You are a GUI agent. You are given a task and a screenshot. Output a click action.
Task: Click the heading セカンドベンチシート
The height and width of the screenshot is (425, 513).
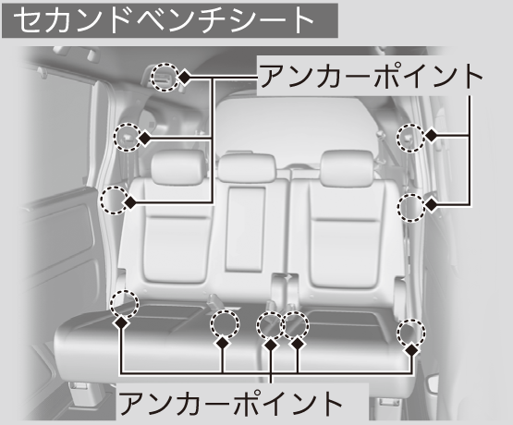click(164, 20)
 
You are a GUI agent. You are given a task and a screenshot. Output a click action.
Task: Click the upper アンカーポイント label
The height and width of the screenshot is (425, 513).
click(372, 77)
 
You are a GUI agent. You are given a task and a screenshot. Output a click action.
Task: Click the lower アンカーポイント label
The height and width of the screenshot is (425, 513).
click(230, 402)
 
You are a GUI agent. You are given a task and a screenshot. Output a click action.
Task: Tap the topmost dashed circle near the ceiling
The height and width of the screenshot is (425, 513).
click(165, 77)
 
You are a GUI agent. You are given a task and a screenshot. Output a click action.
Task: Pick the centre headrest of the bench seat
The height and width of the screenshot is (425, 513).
click(247, 168)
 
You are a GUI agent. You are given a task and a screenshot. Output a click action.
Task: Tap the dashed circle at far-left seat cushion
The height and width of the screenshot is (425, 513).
click(125, 304)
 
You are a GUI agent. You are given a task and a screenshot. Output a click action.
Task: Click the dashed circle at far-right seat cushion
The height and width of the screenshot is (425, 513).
click(411, 332)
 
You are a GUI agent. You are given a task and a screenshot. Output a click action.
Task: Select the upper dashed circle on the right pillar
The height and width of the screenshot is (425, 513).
click(411, 138)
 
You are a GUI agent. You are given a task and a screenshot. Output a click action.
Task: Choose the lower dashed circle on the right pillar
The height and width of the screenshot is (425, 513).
click(411, 208)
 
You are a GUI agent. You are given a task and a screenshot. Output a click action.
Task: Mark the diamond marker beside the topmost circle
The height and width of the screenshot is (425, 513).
click(185, 78)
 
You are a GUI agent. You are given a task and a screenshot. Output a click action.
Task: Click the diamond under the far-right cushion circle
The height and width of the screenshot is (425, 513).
click(412, 350)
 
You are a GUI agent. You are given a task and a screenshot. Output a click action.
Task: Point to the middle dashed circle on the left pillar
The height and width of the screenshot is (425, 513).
click(128, 137)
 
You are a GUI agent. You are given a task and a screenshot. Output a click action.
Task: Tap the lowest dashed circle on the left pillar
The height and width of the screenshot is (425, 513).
click(115, 200)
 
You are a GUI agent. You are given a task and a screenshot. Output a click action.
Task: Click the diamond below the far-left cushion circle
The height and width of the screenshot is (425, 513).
click(121, 322)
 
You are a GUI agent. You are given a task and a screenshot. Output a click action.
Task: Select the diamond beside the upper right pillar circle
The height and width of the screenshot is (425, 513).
click(432, 135)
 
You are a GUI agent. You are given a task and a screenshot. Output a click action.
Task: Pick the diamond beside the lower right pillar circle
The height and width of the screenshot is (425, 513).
click(432, 205)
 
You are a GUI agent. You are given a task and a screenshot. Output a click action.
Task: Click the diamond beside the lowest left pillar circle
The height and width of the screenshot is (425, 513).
click(130, 202)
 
